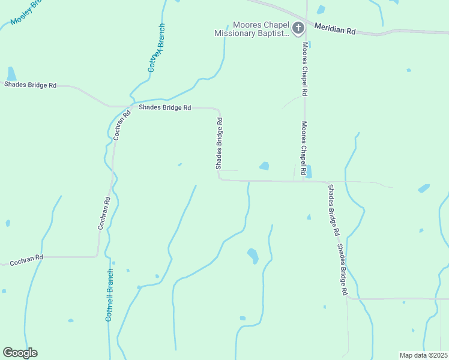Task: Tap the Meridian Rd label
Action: point(335,28)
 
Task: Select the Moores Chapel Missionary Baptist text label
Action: point(252,29)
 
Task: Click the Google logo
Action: point(20,353)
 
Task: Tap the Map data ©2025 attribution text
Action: point(423,355)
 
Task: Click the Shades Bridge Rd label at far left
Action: point(30,85)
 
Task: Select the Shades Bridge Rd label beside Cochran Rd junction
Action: point(164,108)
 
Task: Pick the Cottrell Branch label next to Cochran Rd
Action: point(109,294)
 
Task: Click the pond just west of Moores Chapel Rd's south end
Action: point(264,166)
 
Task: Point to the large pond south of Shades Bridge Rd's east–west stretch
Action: point(253,256)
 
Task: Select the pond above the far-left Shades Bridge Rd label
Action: point(11,74)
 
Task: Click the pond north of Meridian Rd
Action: point(321,10)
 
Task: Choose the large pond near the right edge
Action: point(424,188)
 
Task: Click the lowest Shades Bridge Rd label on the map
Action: point(342,268)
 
